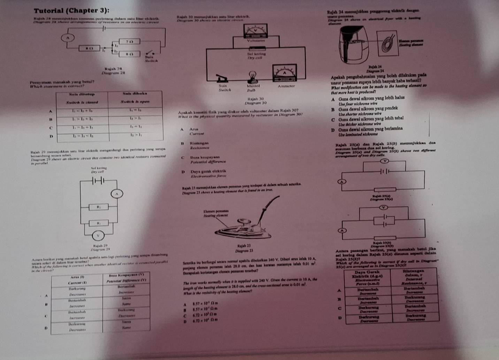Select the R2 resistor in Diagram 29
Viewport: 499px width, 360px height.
[x=98, y=207]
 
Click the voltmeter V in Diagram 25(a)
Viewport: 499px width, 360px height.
[x=385, y=161]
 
